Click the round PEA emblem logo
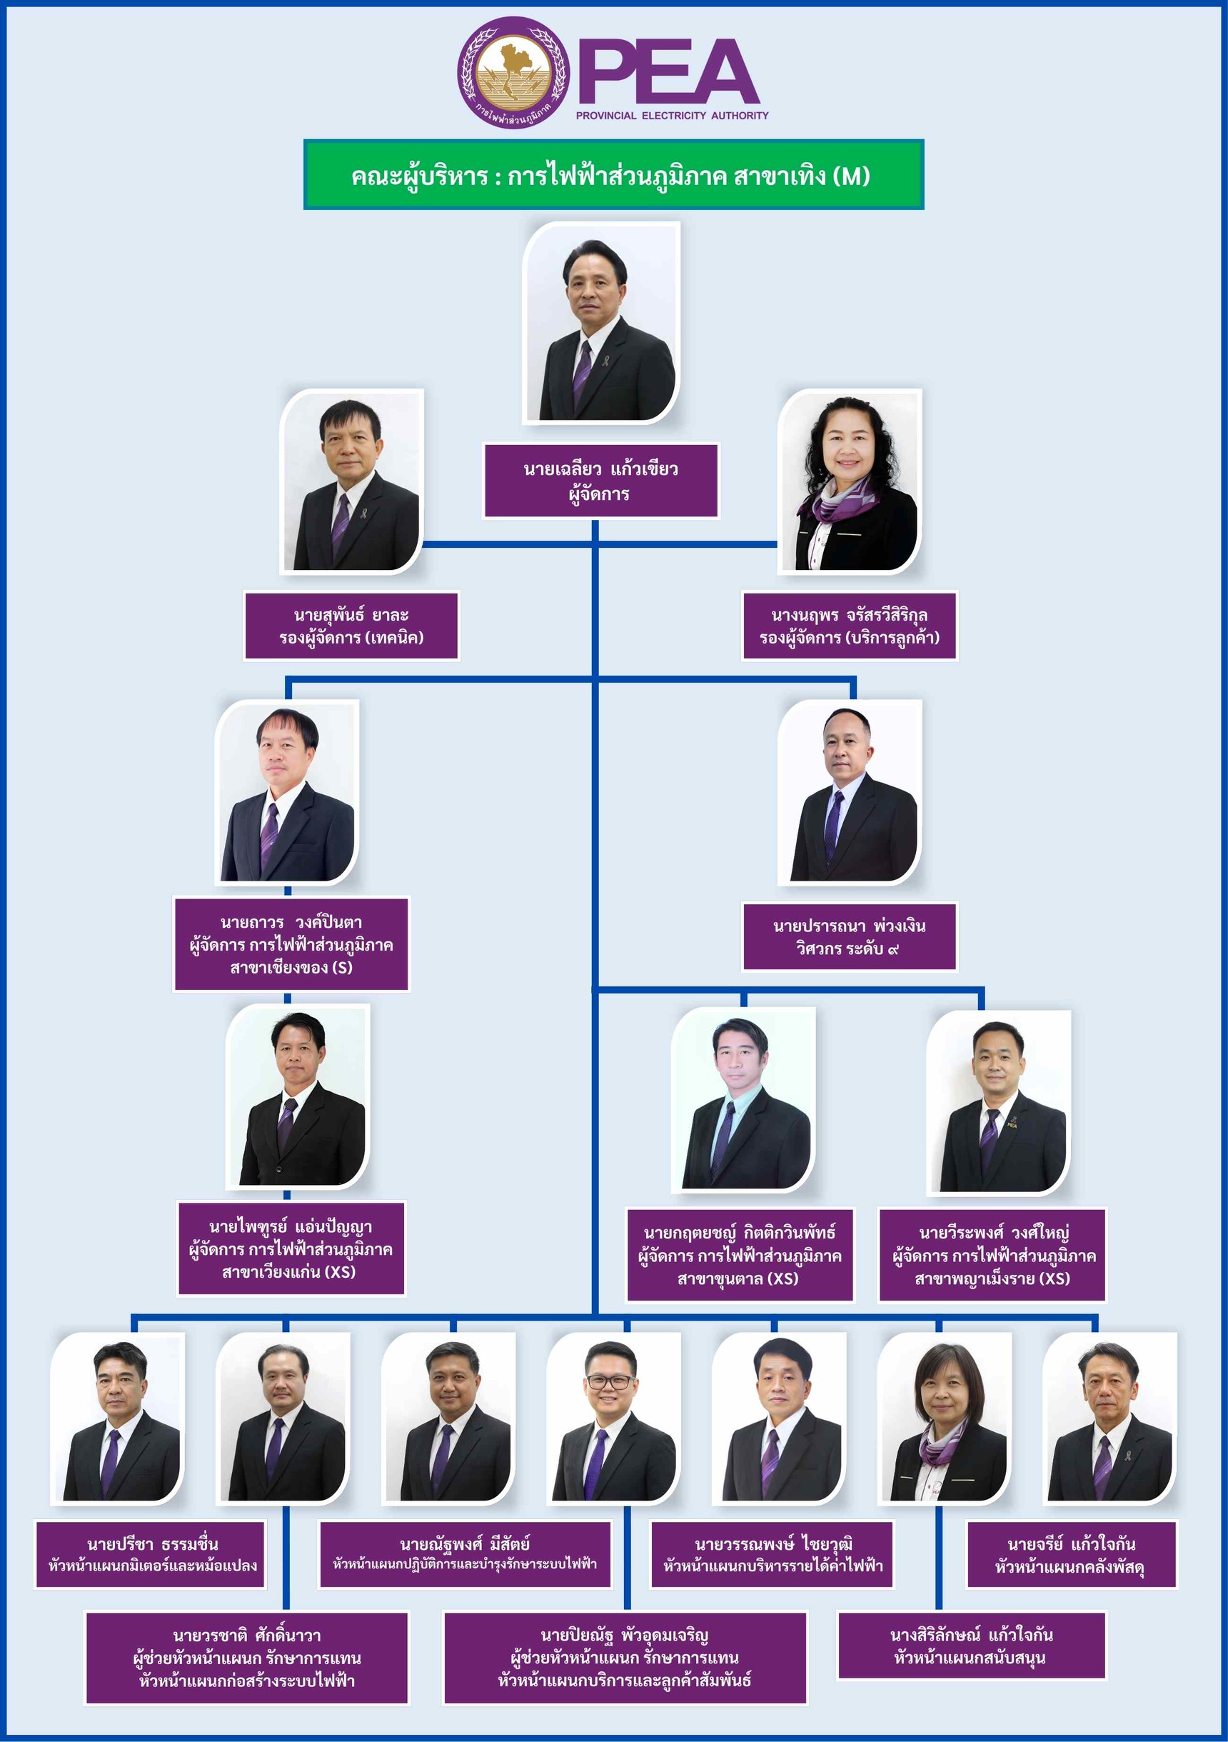coord(513,72)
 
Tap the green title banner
coord(613,174)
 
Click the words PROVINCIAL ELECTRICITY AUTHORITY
coord(672,115)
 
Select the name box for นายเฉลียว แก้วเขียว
coord(600,481)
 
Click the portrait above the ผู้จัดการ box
coord(600,321)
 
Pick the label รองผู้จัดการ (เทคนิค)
coord(351,637)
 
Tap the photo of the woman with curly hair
coord(850,479)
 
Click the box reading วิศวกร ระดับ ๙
coord(850,936)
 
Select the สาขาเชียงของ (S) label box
coord(291,943)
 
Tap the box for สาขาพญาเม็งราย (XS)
coord(993,1256)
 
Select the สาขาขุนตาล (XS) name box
coord(740,1256)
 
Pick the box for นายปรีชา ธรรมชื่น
coord(151,1554)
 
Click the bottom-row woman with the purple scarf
coord(945,1418)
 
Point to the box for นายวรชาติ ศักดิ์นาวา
coord(247,1658)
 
